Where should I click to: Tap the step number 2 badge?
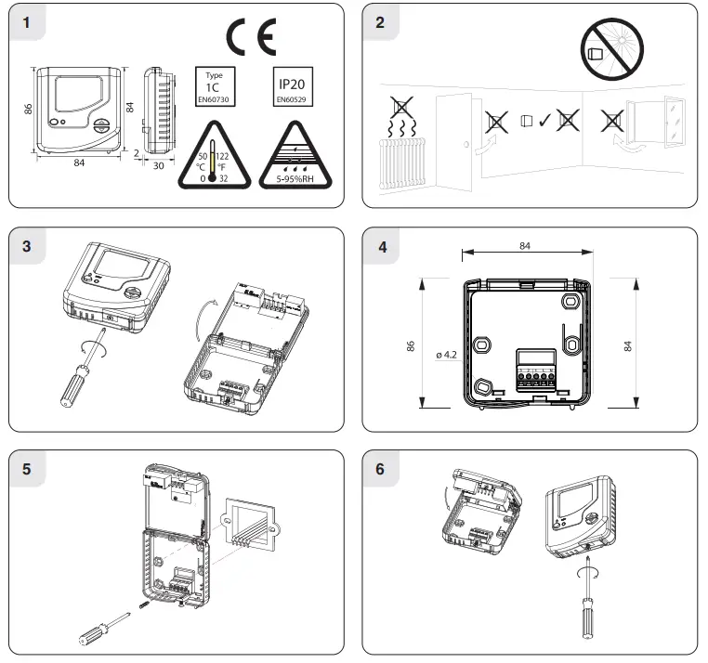pos(380,23)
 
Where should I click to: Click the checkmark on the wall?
pos(544,121)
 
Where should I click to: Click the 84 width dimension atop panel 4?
pos(526,245)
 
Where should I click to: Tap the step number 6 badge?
pos(380,469)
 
